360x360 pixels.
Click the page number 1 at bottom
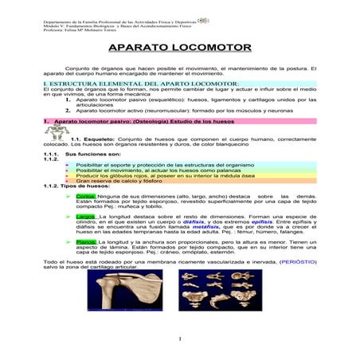(180, 340)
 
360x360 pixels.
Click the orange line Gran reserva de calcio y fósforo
(119, 181)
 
